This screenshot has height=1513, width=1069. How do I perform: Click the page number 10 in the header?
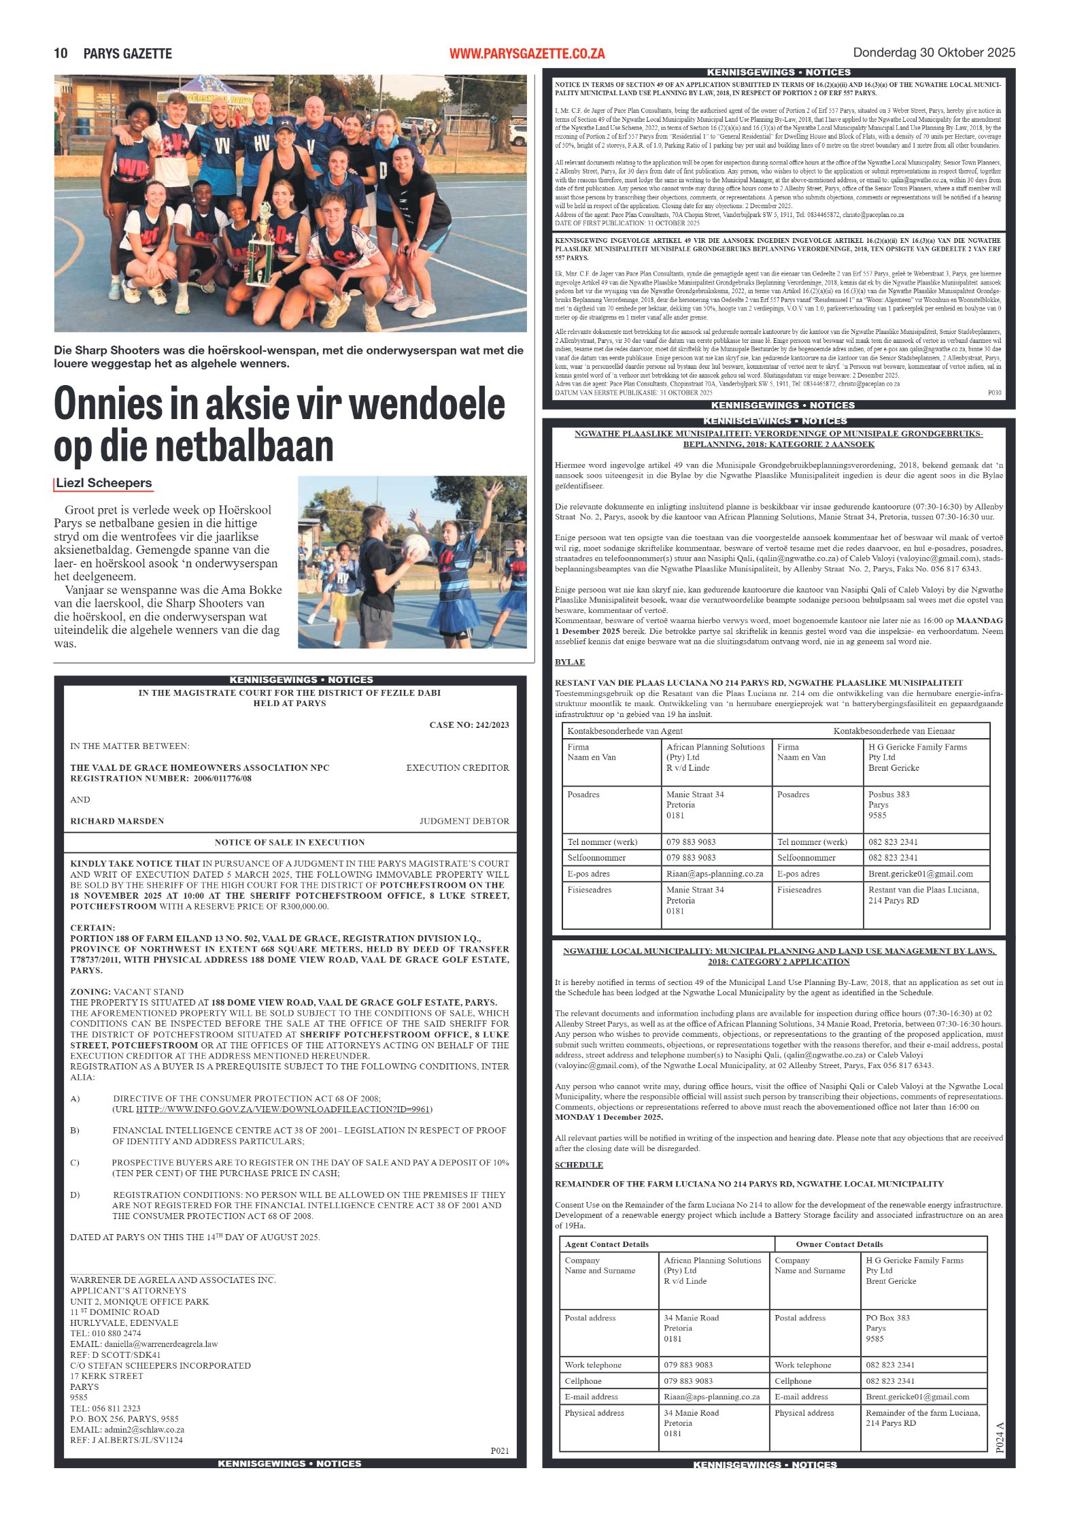pos(61,54)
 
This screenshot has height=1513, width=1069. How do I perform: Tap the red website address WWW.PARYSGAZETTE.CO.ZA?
pos(527,54)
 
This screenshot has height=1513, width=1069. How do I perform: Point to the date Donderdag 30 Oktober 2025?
pos(934,53)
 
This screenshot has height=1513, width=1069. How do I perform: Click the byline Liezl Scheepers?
pos(104,483)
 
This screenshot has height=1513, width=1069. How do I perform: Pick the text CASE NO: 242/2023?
pos(469,725)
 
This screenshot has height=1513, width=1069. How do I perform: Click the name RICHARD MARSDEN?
pos(117,821)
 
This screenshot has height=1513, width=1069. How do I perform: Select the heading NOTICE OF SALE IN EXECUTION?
pos(290,842)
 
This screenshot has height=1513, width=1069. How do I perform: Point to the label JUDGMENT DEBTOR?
pos(464,821)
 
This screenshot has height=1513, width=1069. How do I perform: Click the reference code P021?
pos(500,1450)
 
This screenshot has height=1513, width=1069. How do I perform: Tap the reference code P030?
pos(994,393)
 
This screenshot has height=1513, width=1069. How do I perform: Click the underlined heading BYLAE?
pos(570,662)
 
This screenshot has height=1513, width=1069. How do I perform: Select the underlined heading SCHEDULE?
pos(579,1165)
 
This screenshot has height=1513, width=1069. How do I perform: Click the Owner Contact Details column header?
pos(839,1244)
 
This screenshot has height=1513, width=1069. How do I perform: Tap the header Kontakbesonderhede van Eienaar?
pos(894,731)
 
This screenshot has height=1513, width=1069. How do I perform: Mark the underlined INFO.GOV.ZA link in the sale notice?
pos(283,1110)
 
